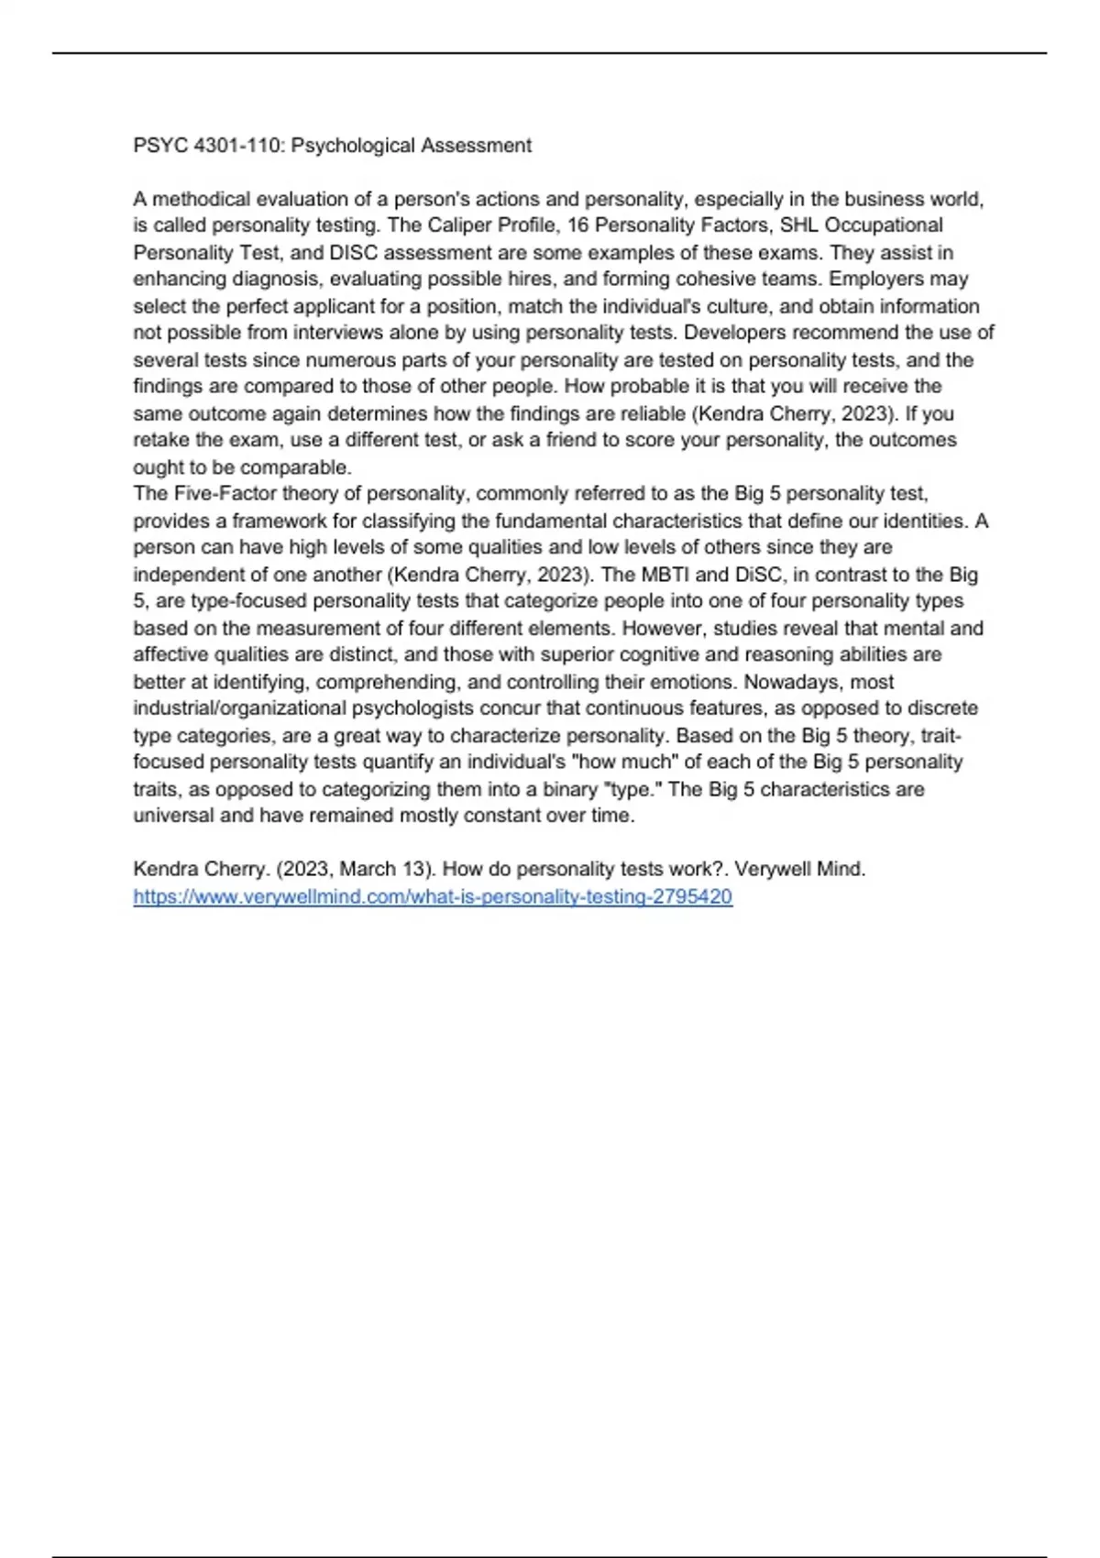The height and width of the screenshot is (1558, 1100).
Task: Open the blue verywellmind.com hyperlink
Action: pyautogui.click(x=433, y=897)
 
